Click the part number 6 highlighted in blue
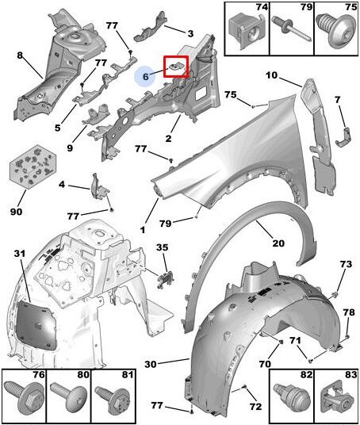(146, 76)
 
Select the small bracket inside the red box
(175, 66)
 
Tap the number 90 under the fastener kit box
(17, 212)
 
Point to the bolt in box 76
(25, 395)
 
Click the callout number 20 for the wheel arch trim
(278, 243)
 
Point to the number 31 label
(20, 254)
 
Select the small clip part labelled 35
(166, 279)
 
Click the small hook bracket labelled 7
(343, 137)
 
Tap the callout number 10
(271, 75)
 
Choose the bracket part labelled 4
(99, 190)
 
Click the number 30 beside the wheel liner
(151, 364)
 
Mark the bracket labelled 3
(150, 27)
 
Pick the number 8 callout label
(20, 56)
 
